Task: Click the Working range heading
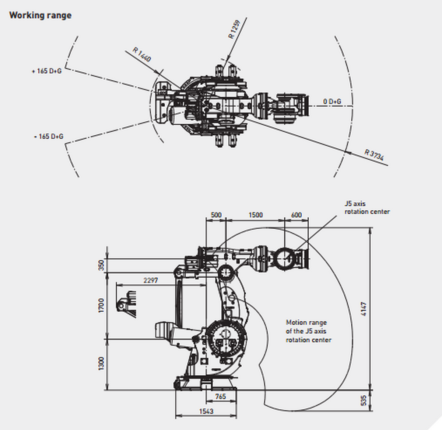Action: [40, 15]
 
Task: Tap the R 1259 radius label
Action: [234, 30]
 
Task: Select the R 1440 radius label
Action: [142, 55]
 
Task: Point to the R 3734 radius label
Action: [374, 155]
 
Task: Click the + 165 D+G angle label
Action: [46, 71]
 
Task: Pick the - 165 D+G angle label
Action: [49, 136]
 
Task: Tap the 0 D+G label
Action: [332, 101]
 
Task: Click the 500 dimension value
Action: [216, 215]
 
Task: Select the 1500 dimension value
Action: [255, 215]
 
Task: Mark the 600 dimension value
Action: [296, 215]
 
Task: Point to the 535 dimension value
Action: [364, 400]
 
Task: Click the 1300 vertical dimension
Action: [102, 364]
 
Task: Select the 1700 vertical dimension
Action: [102, 305]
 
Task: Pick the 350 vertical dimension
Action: [102, 265]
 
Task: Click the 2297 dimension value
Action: [150, 280]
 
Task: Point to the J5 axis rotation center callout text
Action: [366, 208]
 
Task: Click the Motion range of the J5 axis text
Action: [308, 331]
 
